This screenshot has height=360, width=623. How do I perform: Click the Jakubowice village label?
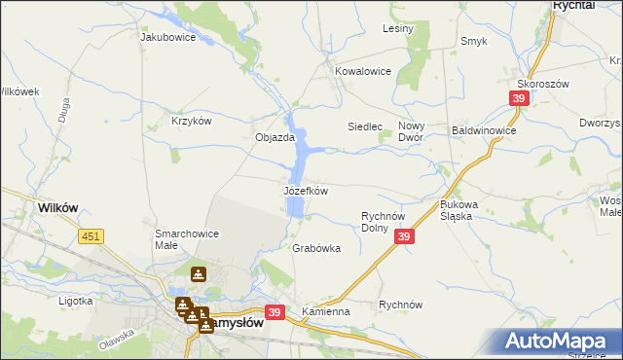pos(168,38)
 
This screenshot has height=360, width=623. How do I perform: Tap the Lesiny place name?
pos(398,28)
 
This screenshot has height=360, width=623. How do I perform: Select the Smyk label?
pos(474,41)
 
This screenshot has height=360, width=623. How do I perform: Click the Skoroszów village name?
pos(569,84)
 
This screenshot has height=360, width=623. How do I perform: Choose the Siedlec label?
pos(367,127)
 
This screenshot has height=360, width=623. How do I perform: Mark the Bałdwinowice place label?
pos(484,129)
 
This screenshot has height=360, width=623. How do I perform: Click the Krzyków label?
pos(191,121)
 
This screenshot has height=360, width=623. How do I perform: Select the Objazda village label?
pos(275,138)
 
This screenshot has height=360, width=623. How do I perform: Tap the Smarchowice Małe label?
pos(187,239)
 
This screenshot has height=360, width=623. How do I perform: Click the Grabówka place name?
pos(316,248)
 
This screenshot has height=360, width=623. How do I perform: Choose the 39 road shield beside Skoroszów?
pos(519,98)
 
